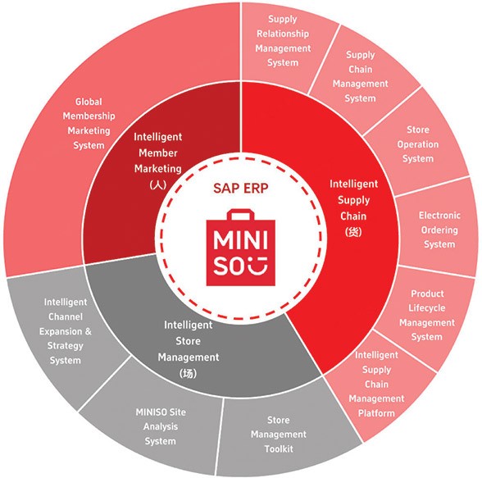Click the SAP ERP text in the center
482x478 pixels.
coord(241,188)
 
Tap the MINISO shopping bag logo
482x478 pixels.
coord(241,248)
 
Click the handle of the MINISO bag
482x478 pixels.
coord(241,215)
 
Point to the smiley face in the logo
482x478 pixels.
coord(259,266)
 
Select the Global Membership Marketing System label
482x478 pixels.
coord(89,123)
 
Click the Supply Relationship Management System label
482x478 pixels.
coord(283,41)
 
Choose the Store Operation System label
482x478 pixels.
coord(418,143)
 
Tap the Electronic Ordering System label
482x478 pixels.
coord(439,230)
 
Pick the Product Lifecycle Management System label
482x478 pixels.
coord(427,315)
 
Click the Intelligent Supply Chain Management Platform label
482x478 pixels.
coord(376,384)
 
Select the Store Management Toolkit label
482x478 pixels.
coord(279,435)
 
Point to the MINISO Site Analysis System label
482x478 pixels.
coord(161,426)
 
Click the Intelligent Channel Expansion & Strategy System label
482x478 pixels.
coord(66,331)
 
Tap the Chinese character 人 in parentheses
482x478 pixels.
coord(158,184)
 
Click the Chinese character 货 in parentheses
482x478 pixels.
coord(353,232)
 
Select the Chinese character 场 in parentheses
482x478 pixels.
coord(189,373)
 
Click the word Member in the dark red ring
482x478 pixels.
coord(158,153)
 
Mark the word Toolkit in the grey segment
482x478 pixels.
coord(279,448)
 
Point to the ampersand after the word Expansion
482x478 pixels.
coord(89,331)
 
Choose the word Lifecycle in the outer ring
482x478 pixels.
coord(427,308)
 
